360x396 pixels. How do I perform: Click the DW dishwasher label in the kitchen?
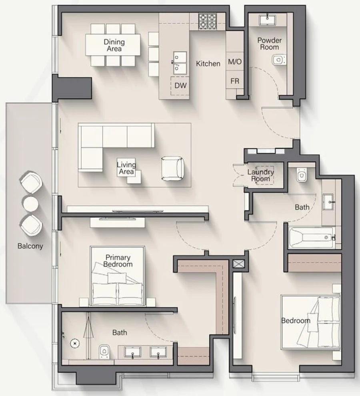click(180, 86)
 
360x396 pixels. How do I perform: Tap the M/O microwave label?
click(235, 62)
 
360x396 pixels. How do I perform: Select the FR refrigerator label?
click(235, 81)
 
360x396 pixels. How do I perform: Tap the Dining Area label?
click(114, 45)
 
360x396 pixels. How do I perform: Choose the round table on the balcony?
click(31, 204)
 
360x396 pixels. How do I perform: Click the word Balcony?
click(30, 246)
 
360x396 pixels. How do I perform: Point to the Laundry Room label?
click(260, 175)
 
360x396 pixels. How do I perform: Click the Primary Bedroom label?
click(118, 261)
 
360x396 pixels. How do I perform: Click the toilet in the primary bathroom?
click(104, 351)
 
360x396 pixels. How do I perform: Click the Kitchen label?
click(208, 64)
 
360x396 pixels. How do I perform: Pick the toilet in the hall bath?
click(302, 175)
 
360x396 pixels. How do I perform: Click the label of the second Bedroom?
click(296, 321)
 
